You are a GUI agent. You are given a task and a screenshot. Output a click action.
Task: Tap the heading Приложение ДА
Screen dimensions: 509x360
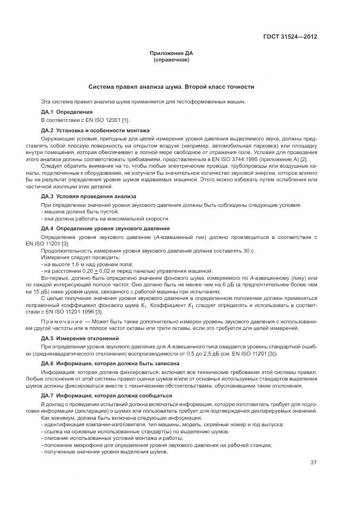[172, 53]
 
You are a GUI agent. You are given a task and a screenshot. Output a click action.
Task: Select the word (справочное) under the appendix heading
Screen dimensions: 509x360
[172, 59]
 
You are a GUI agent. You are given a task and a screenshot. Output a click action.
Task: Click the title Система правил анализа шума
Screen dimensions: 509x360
[172, 87]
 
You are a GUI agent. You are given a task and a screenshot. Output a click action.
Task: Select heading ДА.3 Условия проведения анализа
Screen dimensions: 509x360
[88, 195]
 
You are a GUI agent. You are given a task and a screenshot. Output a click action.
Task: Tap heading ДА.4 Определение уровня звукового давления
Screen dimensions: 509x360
[105, 228]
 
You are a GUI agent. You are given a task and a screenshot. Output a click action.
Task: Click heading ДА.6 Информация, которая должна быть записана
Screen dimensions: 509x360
[106, 363]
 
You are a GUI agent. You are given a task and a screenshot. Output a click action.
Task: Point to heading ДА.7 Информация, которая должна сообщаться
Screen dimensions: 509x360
[107, 395]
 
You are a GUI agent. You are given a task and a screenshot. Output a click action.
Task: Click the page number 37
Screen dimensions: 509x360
[313, 463]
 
